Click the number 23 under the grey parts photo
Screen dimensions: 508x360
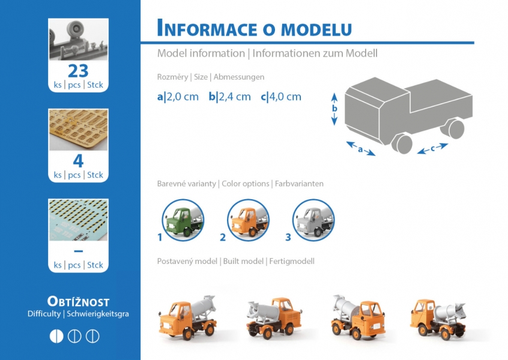point(78,71)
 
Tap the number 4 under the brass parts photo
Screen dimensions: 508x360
point(78,161)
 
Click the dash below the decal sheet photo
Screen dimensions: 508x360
point(79,251)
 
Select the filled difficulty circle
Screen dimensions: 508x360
point(56,336)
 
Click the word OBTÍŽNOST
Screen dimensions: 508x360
point(79,301)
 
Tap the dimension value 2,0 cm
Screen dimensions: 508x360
point(183,97)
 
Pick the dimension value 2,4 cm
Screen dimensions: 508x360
point(235,97)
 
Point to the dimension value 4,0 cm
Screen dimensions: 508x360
point(285,97)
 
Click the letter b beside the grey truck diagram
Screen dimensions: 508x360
point(334,109)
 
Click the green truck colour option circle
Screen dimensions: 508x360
point(183,220)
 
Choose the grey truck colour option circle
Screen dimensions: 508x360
point(313,220)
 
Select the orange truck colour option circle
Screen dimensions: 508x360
point(248,220)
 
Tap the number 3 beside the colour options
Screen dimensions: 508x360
point(288,238)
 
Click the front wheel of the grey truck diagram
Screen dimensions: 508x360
point(402,143)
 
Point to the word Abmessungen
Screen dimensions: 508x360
point(239,77)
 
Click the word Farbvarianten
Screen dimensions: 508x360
point(299,184)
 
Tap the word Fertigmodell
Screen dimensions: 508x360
point(292,261)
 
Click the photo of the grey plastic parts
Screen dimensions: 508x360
point(79,39)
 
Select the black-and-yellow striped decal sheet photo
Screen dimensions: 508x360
point(79,220)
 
